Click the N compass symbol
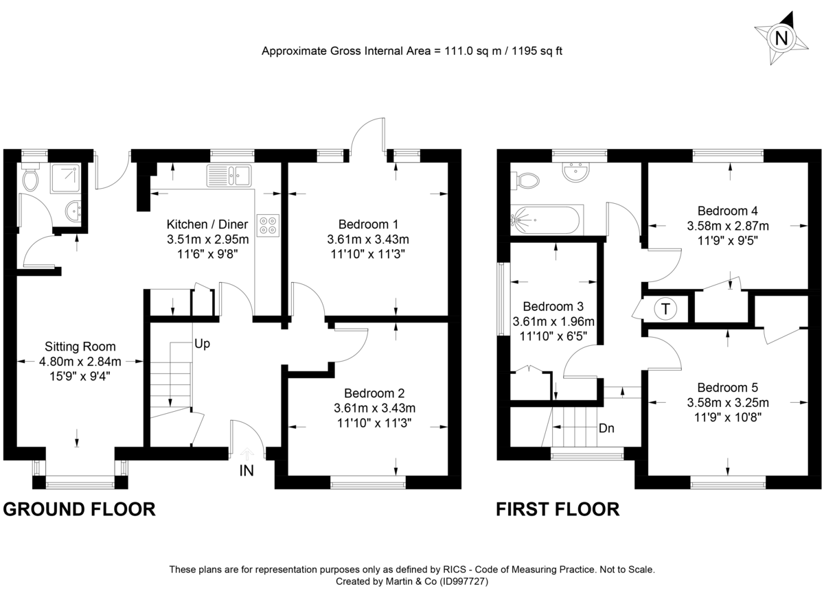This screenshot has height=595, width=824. click(x=781, y=38)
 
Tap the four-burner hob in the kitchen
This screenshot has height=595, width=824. click(x=268, y=225)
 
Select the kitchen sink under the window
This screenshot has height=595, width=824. click(x=230, y=176)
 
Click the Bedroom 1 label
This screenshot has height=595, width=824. click(x=368, y=224)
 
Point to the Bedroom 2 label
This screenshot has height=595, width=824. click(x=374, y=393)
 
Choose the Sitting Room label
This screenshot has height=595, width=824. click(x=80, y=347)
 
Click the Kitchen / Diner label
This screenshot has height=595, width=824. click(x=207, y=224)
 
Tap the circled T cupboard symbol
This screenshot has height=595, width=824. click(x=665, y=309)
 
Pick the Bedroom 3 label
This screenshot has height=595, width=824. click(x=553, y=306)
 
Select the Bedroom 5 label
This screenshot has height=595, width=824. click(x=727, y=387)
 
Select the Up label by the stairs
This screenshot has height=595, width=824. click(x=202, y=342)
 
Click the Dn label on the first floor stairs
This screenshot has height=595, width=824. click(x=606, y=428)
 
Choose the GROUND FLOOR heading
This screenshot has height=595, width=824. click(x=79, y=509)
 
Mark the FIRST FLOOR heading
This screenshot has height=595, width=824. click(x=558, y=509)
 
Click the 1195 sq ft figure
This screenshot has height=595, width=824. click(x=535, y=51)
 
